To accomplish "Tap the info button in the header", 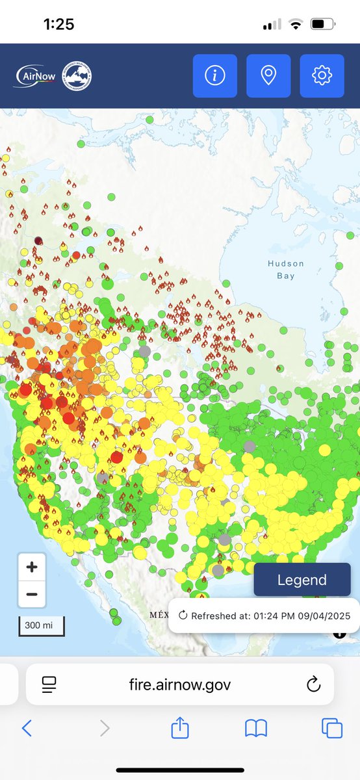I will (x=214, y=76).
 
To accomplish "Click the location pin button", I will (x=268, y=76).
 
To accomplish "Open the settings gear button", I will (x=321, y=76).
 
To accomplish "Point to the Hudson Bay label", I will (x=285, y=270).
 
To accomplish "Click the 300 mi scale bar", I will (x=40, y=625).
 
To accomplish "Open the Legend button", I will (x=302, y=580).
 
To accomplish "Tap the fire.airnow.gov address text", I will (x=180, y=684).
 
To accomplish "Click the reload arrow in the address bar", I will (x=313, y=684).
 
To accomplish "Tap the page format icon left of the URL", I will (x=49, y=684).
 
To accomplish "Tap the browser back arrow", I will (x=27, y=728).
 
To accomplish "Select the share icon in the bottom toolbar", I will (x=179, y=727).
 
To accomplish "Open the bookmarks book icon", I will (x=256, y=729).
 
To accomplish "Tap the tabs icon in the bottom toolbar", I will (x=332, y=728).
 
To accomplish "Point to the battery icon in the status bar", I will (x=322, y=25).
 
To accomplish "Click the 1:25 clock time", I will (x=58, y=25).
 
